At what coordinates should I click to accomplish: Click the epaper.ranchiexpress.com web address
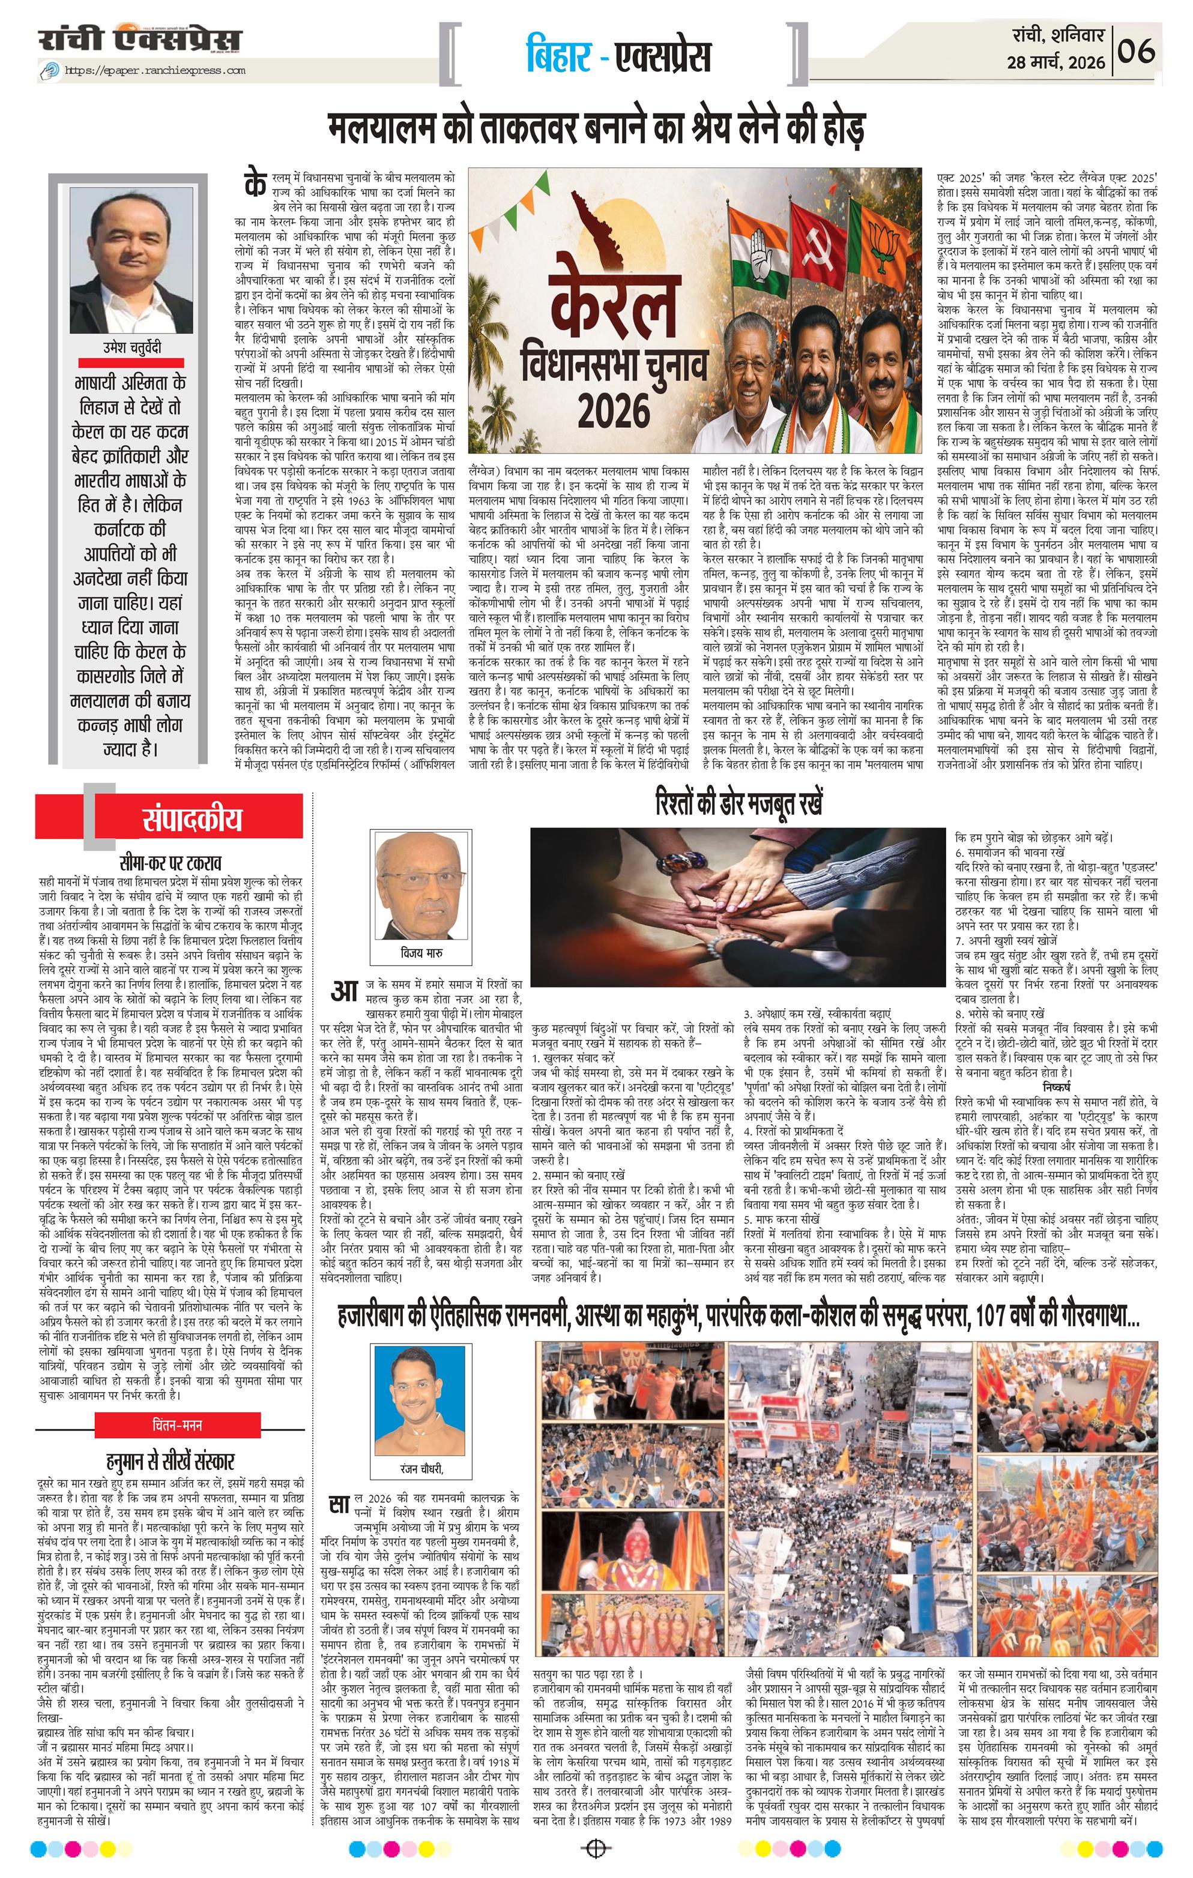click(x=154, y=71)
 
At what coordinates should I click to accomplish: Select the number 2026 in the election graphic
click(x=602, y=406)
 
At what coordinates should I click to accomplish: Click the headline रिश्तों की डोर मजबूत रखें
click(x=739, y=804)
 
